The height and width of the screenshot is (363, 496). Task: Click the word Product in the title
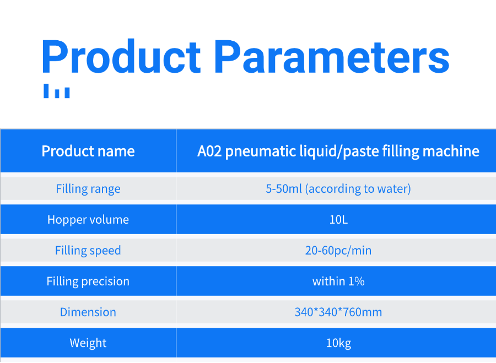(121, 57)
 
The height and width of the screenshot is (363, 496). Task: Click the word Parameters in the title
(332, 57)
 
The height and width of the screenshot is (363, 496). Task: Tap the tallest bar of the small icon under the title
(46, 91)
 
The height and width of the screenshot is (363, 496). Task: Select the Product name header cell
(88, 151)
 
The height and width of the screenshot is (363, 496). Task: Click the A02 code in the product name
(209, 151)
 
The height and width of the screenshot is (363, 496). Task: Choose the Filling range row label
(88, 189)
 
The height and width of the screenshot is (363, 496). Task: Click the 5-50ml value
(284, 189)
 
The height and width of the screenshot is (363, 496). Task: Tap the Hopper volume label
(88, 219)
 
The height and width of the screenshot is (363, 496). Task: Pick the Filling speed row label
(88, 251)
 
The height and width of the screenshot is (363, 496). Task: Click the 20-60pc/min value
(338, 251)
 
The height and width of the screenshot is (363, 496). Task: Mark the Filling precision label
(88, 281)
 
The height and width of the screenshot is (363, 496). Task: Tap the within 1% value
(338, 281)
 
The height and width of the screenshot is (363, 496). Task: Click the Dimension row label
(88, 312)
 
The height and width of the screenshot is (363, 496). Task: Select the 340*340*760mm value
(338, 312)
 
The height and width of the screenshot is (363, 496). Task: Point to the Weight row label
(88, 343)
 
